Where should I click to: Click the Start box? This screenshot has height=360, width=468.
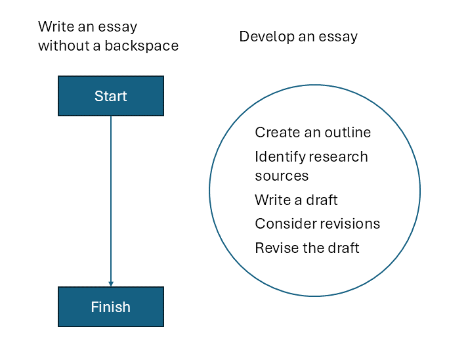pyautogui.click(x=111, y=96)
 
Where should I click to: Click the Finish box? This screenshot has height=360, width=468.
pyautogui.click(x=111, y=307)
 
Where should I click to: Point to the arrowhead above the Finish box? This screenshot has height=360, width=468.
pyautogui.click(x=111, y=284)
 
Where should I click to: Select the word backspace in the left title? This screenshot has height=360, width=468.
pyautogui.click(x=142, y=46)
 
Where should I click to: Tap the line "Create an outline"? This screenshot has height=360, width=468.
pyautogui.click(x=313, y=132)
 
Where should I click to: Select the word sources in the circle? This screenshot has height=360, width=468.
pyautogui.click(x=282, y=176)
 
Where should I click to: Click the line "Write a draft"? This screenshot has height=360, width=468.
pyautogui.click(x=296, y=200)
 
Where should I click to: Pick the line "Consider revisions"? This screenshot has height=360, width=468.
pyautogui.click(x=317, y=224)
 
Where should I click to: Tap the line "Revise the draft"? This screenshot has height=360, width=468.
pyautogui.click(x=307, y=248)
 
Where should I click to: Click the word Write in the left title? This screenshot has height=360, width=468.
pyautogui.click(x=56, y=26)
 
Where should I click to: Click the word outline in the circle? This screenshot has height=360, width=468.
pyautogui.click(x=348, y=132)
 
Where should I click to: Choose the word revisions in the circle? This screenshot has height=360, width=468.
pyautogui.click(x=351, y=224)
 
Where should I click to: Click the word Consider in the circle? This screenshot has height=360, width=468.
pyautogui.click(x=287, y=224)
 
